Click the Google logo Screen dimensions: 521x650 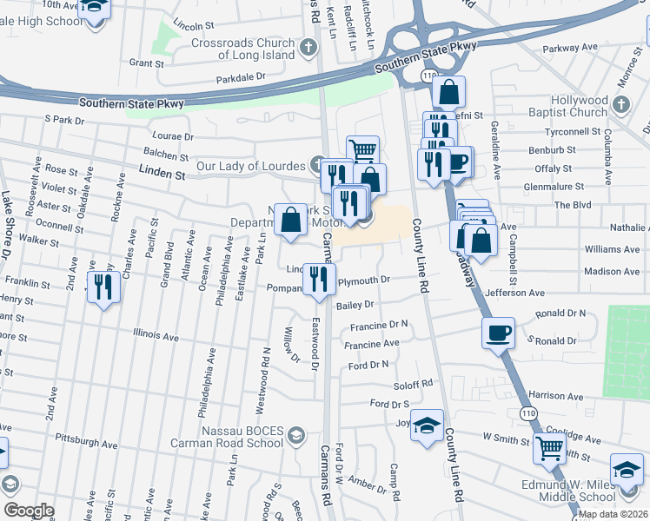29,511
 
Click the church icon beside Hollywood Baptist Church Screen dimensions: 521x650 620,105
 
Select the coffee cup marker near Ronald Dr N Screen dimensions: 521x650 499,332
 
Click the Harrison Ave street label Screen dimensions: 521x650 555,395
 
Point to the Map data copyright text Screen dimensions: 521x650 612,514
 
